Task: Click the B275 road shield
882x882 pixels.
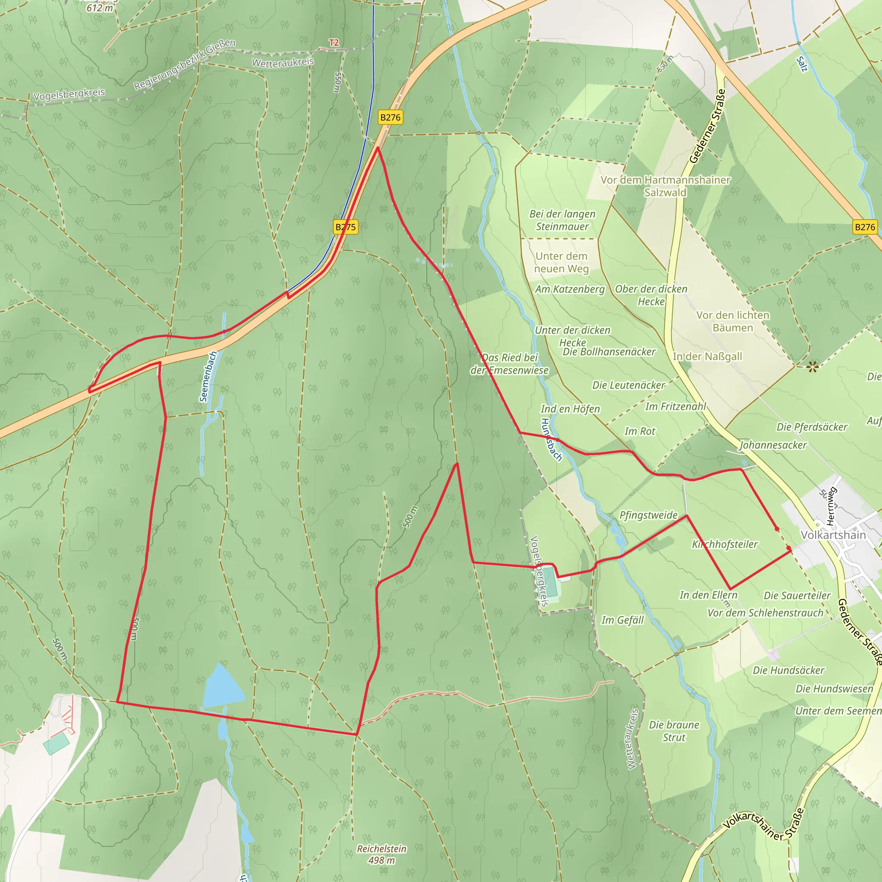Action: [345, 227]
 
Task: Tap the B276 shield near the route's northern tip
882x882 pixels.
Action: [390, 117]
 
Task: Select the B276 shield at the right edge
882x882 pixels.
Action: [865, 227]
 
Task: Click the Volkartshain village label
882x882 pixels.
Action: [833, 535]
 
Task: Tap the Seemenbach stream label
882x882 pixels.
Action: [208, 377]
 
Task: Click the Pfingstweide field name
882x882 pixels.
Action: [648, 515]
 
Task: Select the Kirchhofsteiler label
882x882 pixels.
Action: [724, 544]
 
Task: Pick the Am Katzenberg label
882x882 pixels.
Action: [570, 289]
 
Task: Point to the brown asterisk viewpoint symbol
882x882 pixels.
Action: [812, 366]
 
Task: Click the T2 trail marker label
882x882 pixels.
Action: [334, 43]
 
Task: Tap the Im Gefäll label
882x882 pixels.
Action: [622, 620]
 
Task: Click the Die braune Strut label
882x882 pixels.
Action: [674, 731]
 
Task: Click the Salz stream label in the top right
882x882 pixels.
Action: [802, 64]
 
